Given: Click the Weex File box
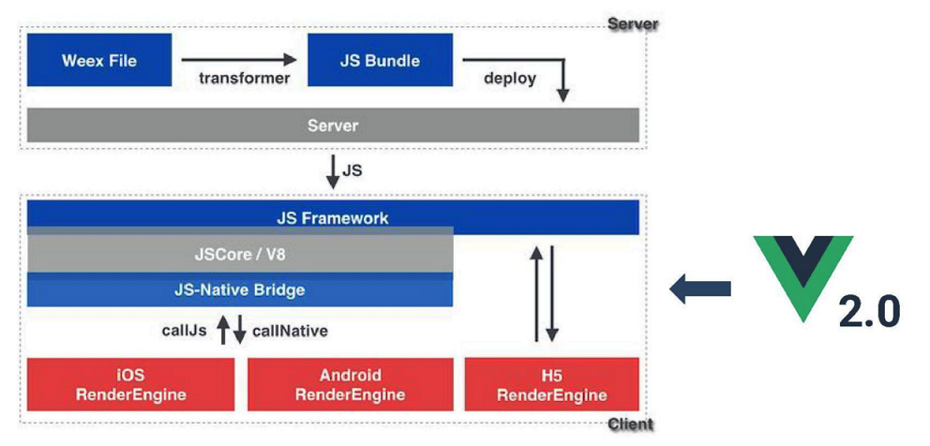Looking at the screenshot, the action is click(x=99, y=60).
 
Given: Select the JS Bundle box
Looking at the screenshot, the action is click(x=380, y=60).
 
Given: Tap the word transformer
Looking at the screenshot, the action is click(x=245, y=79).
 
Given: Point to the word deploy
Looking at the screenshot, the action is click(x=510, y=79).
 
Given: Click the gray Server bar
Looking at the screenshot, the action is click(x=333, y=126).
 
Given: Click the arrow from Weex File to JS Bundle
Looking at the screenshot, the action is click(x=238, y=59).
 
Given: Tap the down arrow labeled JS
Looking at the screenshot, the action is click(x=334, y=171).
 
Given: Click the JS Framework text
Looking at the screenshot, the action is click(x=333, y=218).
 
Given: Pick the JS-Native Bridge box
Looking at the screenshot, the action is click(x=240, y=290).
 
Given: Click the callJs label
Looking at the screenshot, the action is click(x=185, y=331).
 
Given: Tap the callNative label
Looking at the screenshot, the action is click(x=290, y=331).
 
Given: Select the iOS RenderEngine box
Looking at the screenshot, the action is click(x=131, y=384).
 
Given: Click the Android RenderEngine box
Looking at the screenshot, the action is click(x=351, y=384).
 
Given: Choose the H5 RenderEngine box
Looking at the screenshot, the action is click(x=551, y=384).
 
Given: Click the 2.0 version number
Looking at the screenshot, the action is click(x=869, y=310).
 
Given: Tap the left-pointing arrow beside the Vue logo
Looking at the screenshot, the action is click(x=700, y=289).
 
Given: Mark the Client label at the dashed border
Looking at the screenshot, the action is click(x=630, y=424).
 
